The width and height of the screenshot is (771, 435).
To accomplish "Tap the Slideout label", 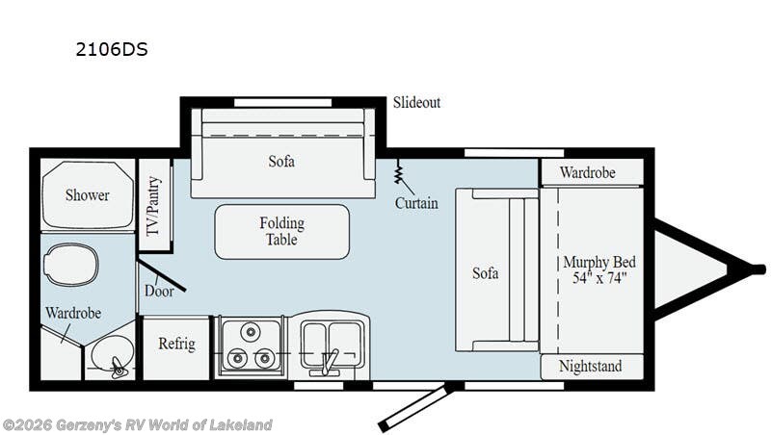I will pos(416,102).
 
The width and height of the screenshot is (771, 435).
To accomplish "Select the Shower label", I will pos(87,195).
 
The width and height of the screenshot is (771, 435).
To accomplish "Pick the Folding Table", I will pos(281,231).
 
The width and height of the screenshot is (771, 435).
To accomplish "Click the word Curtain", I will pos(416,203).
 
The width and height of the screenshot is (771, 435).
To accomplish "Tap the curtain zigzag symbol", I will pos(398,174).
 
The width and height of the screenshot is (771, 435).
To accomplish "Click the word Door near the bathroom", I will pos(158,291).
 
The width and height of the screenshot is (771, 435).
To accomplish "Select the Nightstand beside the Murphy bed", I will pos(590,367).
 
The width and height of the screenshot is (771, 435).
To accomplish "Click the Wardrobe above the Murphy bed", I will pos(590,174).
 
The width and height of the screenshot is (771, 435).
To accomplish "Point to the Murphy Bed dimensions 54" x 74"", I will pos(599,279).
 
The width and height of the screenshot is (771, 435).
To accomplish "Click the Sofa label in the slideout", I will pos(281,161).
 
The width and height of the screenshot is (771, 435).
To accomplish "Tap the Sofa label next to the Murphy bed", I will pos(486,273).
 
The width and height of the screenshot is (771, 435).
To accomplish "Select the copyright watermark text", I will pos(137,424).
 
